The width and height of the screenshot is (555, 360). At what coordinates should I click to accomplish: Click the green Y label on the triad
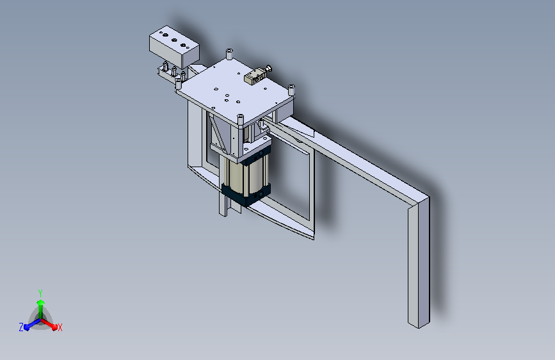(40, 292)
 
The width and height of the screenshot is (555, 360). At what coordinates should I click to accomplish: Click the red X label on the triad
(60, 328)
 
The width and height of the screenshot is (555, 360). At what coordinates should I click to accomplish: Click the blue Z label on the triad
(21, 327)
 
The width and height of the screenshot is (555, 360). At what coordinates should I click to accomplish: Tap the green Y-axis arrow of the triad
(40, 304)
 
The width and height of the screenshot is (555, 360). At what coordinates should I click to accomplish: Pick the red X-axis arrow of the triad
(51, 324)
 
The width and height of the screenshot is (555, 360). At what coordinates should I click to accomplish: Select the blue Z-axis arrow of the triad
(29, 325)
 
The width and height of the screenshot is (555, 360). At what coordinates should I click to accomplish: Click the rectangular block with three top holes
(173, 47)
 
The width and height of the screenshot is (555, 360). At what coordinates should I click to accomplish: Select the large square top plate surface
(230, 90)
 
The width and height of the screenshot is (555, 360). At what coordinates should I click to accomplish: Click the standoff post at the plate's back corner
(229, 53)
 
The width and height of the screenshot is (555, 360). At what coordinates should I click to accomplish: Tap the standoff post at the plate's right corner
(291, 89)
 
